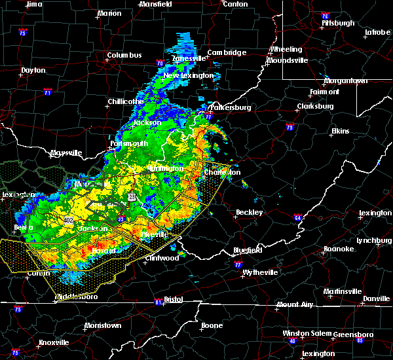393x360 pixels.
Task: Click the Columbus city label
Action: pos(124,55)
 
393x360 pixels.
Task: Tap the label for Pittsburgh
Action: pos(338,23)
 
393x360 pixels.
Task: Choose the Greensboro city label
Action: pos(353,334)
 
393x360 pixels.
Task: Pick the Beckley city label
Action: pos(249,212)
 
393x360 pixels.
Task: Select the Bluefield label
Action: pos(248,250)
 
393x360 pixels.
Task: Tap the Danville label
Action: pos(376,298)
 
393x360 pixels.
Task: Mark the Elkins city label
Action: pos(341,131)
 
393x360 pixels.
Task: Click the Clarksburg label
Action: pos(315,106)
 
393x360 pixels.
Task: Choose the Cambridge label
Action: pos(227,52)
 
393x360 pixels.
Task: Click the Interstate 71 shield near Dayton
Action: pos(48,93)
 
